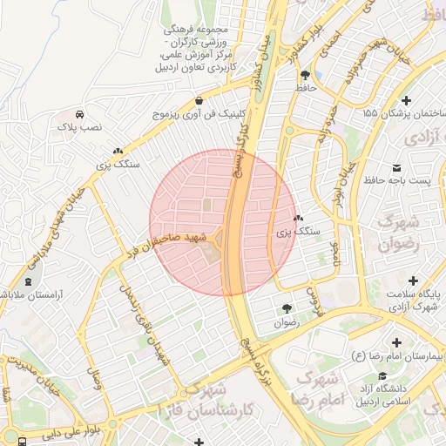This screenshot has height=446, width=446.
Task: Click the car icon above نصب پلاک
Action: (x=79, y=114)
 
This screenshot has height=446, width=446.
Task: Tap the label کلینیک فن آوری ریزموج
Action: (x=201, y=113)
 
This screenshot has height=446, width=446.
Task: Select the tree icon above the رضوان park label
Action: (x=287, y=308)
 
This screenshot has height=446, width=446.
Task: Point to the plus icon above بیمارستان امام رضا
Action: (x=398, y=342)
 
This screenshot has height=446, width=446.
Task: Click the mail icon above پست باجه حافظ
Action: (x=398, y=167)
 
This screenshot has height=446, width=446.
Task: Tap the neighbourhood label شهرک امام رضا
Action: (x=321, y=389)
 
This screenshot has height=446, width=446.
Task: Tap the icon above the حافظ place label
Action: (x=304, y=75)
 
